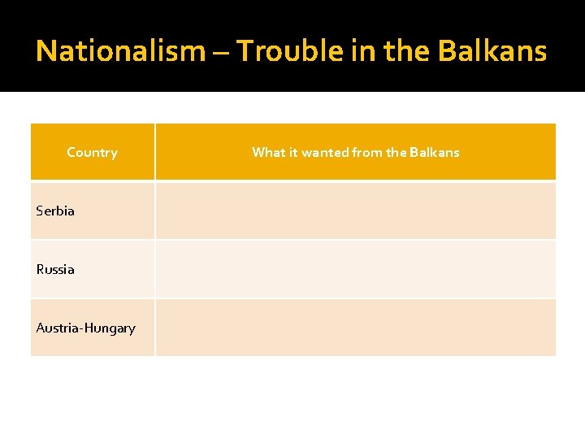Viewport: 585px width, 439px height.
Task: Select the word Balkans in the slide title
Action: pyautogui.click(x=492, y=51)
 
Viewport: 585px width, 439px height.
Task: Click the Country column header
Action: pyautogui.click(x=92, y=152)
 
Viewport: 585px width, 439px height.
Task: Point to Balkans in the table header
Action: pyautogui.click(x=435, y=152)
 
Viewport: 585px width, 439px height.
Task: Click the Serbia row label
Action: pyautogui.click(x=55, y=211)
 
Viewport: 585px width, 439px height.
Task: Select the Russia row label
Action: pyautogui.click(x=55, y=269)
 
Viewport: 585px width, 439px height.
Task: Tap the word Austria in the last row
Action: pyautogui.click(x=58, y=328)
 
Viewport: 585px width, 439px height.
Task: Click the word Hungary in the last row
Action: pyautogui.click(x=110, y=328)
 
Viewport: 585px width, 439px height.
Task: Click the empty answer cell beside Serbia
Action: pyautogui.click(x=355, y=211)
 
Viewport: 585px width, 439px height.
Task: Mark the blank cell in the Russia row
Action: pyautogui.click(x=355, y=269)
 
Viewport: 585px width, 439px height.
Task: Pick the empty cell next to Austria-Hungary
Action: pyautogui.click(x=355, y=328)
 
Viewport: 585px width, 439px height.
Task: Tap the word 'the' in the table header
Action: pyautogui.click(x=397, y=152)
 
